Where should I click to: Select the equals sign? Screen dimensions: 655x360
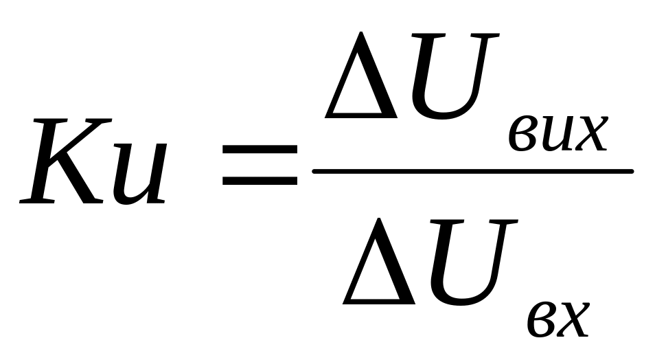pyautogui.click(x=260, y=164)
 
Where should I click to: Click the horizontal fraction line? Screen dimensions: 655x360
pyautogui.click(x=472, y=170)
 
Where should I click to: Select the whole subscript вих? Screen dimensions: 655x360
pyautogui.click(x=557, y=136)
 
